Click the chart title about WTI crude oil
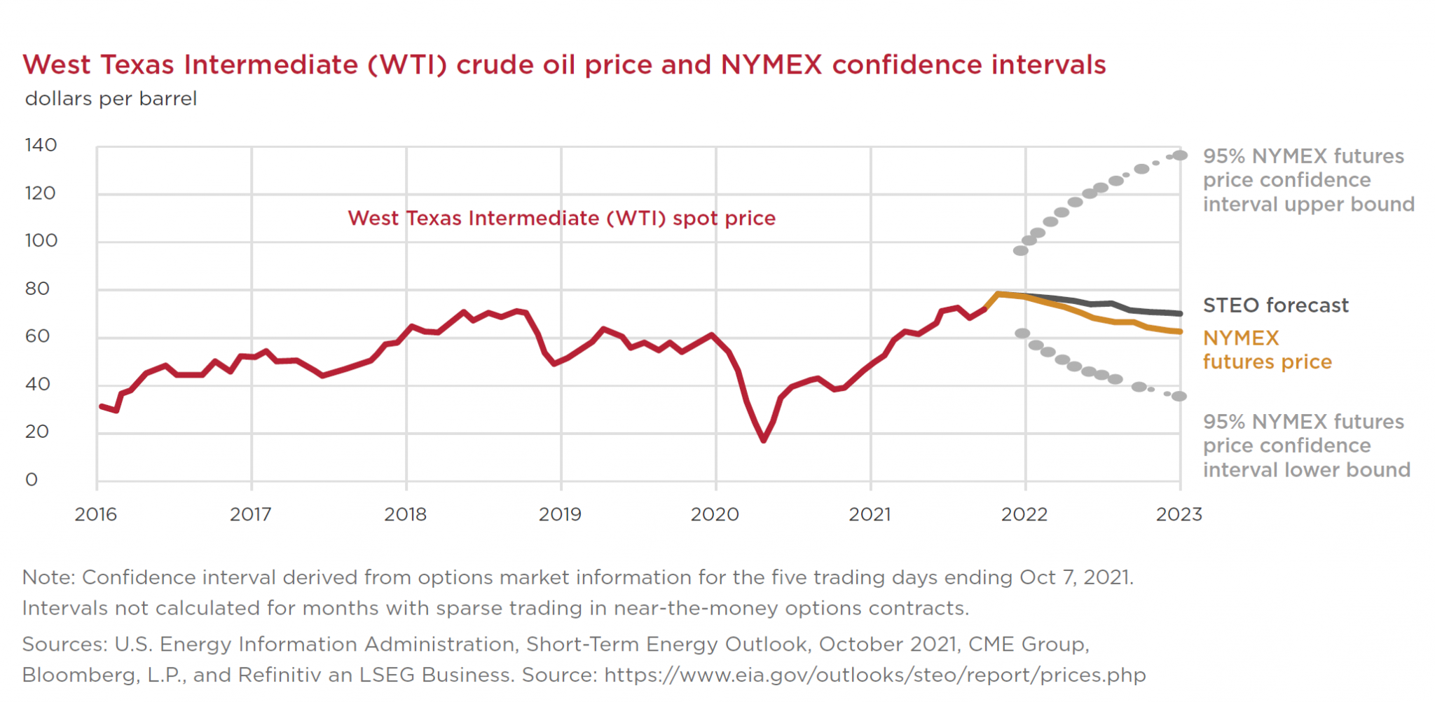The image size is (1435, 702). click(564, 65)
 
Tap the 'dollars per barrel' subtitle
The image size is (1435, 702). click(111, 99)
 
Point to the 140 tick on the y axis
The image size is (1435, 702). click(41, 145)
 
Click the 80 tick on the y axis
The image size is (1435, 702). click(37, 289)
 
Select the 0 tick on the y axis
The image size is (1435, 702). click(32, 480)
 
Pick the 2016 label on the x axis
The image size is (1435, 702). click(96, 515)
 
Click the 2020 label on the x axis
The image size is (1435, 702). click(715, 515)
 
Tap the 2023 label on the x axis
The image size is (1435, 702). click(1179, 515)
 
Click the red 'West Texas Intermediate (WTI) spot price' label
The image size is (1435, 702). click(561, 219)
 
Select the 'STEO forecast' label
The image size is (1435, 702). click(1275, 305)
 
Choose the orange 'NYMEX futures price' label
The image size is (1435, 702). click(1267, 350)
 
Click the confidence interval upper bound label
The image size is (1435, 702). click(1307, 180)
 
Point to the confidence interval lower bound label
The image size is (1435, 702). click(1306, 446)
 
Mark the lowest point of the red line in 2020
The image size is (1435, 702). click(764, 440)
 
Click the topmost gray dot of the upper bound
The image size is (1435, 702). click(1180, 156)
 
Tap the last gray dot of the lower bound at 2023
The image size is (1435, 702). click(1179, 397)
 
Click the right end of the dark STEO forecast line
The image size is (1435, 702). click(1180, 313)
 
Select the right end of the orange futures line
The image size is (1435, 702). click(1180, 331)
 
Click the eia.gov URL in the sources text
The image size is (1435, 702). click(874, 675)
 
